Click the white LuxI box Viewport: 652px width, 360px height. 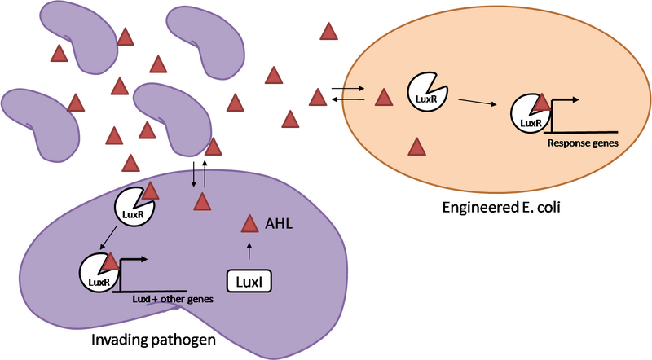(248, 281)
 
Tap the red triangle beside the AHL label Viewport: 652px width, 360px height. (249, 223)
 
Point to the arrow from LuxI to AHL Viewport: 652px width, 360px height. (249, 249)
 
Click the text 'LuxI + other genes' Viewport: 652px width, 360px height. (173, 299)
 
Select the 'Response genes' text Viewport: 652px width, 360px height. (582, 142)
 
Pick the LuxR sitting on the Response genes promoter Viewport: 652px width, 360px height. (530, 116)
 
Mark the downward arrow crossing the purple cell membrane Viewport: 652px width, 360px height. (192, 177)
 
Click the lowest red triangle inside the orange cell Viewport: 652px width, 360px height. (416, 147)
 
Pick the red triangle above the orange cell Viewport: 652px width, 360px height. (328, 31)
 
